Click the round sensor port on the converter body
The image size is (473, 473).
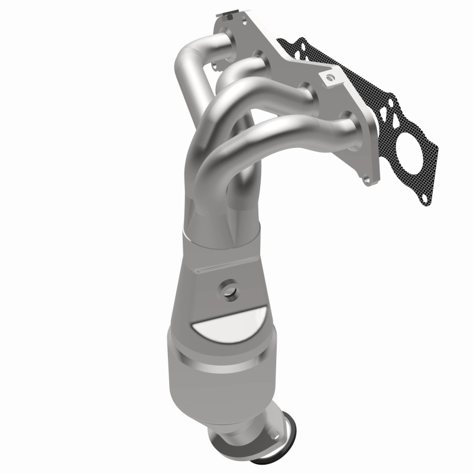[x=228, y=290]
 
